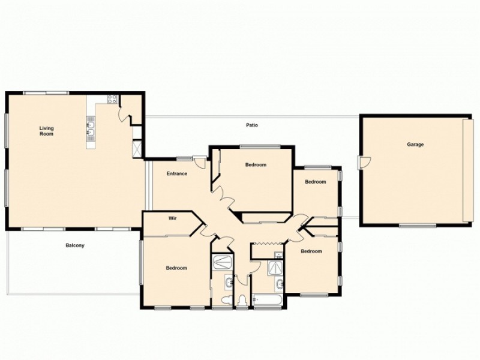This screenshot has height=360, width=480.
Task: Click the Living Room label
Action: tap(46, 131)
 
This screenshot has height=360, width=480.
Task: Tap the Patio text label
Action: tap(252, 125)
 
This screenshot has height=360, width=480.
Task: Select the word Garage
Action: tap(415, 145)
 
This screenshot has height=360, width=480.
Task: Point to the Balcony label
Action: tap(75, 245)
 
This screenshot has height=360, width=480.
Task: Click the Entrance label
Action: tap(177, 174)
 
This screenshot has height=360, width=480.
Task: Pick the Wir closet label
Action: tap(173, 219)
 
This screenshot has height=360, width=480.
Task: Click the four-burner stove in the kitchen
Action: tap(112, 100)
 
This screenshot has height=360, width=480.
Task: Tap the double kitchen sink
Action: tap(91, 129)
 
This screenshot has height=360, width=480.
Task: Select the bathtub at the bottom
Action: tap(267, 299)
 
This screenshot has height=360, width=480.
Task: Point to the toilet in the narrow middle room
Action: tap(242, 299)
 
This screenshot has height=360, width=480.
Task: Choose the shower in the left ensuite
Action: tap(222, 262)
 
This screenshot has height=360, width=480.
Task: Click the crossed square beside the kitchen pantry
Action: tap(137, 148)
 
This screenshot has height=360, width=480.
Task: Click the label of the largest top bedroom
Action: tap(256, 165)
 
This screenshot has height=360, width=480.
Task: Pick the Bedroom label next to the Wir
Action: tap(176, 268)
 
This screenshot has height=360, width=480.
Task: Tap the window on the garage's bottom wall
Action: tap(418, 226)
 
